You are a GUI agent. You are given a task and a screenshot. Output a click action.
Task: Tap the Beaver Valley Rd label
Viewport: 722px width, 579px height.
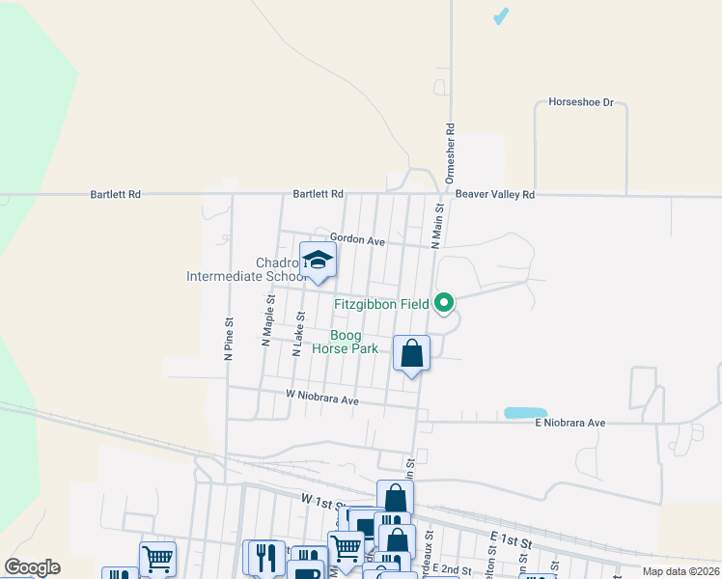[494, 194]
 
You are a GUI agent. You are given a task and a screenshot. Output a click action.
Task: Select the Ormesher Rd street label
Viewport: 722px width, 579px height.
[450, 151]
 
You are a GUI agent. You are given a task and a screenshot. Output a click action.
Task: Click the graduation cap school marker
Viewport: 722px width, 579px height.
[318, 260]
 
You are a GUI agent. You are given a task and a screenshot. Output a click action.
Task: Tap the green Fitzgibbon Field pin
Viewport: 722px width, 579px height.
[444, 304]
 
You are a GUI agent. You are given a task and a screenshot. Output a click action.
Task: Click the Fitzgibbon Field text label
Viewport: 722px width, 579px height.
[381, 304]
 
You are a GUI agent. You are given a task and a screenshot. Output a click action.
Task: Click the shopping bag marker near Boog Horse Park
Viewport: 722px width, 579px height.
[412, 353]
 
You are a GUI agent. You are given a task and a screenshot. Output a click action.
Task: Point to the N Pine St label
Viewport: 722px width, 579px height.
[230, 340]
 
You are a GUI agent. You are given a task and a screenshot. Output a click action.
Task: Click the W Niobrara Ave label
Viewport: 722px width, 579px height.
[322, 398]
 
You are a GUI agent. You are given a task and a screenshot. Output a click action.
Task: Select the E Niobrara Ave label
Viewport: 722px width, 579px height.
[570, 423]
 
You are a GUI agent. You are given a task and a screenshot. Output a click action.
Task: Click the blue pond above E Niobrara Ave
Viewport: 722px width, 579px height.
[525, 413]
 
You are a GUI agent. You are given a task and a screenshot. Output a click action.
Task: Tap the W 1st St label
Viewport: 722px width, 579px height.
[322, 500]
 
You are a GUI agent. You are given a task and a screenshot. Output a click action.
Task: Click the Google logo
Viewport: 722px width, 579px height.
[32, 567]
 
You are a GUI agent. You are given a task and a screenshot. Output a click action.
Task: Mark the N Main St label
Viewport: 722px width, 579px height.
[438, 225]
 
